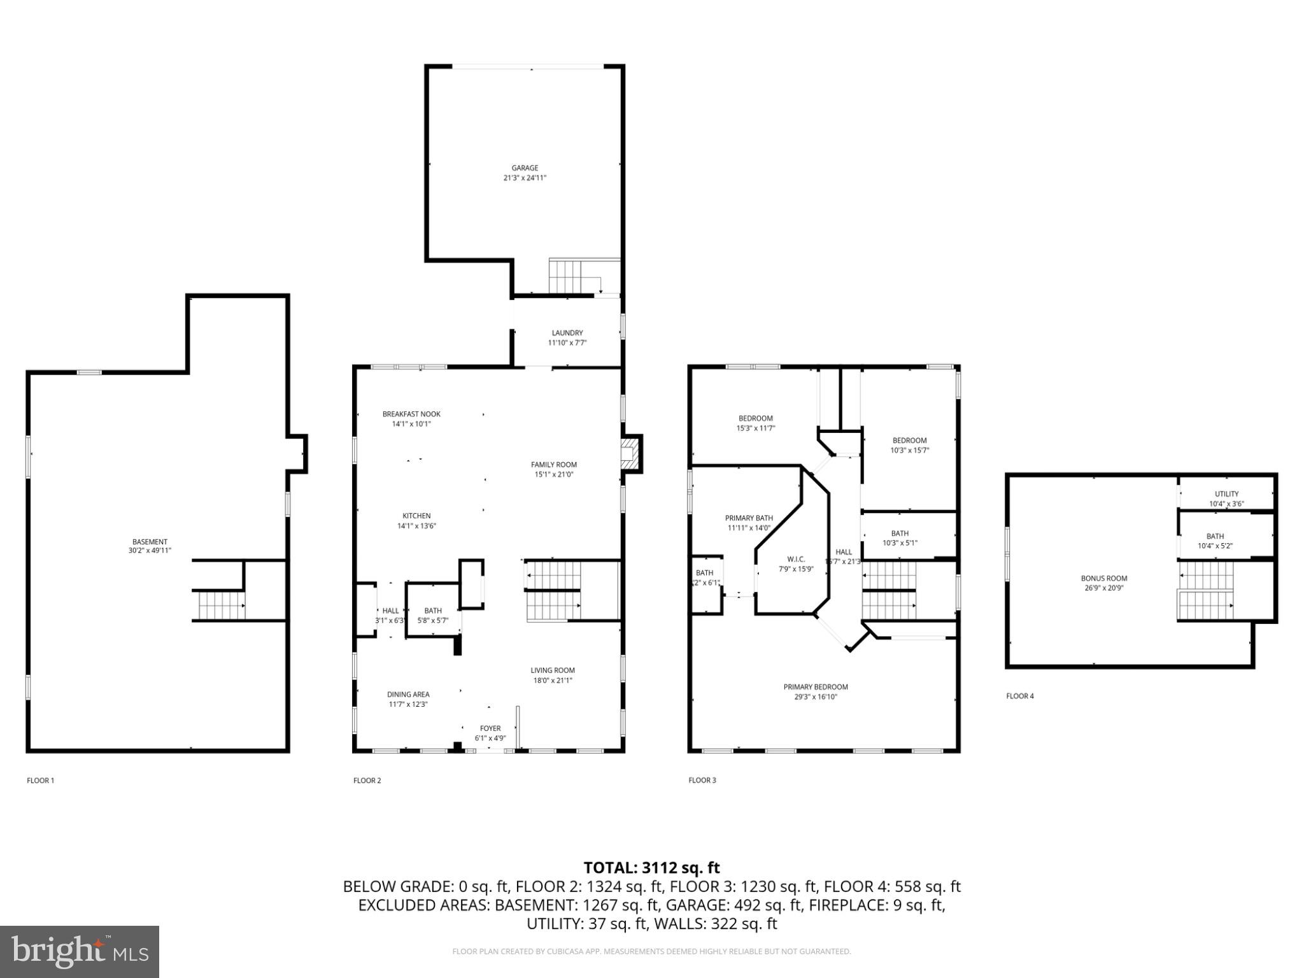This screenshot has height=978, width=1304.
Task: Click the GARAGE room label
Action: pos(525,168)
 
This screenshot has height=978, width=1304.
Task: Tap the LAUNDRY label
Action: pos(567,333)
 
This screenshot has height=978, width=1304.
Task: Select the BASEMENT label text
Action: pos(150,542)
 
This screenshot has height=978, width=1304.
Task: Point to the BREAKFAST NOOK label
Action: pos(411,414)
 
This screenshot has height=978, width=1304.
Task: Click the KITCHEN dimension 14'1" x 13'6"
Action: pos(416,526)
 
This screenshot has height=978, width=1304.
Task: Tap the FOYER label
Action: pos(490,728)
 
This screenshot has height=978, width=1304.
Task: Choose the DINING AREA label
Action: pos(408,694)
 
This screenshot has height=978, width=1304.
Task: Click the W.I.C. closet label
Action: pos(796,559)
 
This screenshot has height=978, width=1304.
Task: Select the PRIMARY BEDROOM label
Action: pos(816,687)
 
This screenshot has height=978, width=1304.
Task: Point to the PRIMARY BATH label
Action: pos(749,518)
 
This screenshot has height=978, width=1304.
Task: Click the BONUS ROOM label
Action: pos(1104,578)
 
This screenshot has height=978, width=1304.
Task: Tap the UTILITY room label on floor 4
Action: pos(1226,493)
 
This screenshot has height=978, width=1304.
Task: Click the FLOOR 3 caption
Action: pos(702,780)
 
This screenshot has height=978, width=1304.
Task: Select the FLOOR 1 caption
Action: pos(41,780)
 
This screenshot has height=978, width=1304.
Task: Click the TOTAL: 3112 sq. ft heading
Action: pos(651,867)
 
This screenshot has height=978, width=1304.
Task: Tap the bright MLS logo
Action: pos(80,951)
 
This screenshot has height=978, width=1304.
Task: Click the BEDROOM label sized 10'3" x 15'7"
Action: pos(909,440)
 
